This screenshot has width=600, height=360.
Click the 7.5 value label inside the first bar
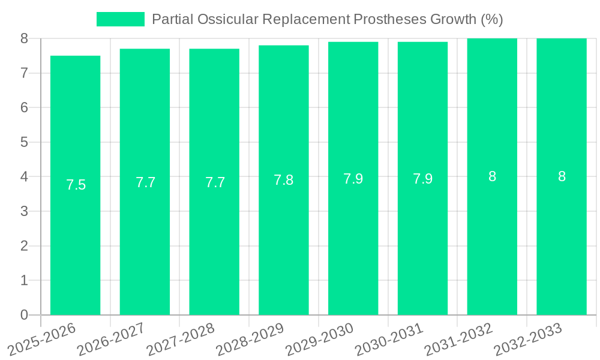click(76, 185)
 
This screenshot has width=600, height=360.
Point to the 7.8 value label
click(284, 180)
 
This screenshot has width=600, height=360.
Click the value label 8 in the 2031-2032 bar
click(492, 176)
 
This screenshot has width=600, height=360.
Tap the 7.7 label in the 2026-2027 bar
click(145, 182)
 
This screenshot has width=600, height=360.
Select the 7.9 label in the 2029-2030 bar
click(353, 179)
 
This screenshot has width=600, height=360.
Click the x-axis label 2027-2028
click(180, 340)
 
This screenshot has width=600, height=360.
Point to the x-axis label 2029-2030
click(319, 340)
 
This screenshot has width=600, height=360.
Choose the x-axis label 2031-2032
click(458, 340)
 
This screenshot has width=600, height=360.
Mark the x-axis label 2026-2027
click(110, 340)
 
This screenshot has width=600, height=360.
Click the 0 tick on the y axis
click(24, 315)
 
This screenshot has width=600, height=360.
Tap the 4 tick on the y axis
click(24, 177)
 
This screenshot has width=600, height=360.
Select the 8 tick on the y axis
click(24, 38)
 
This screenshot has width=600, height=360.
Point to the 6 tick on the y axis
click(24, 107)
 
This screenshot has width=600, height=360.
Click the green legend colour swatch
click(121, 19)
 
